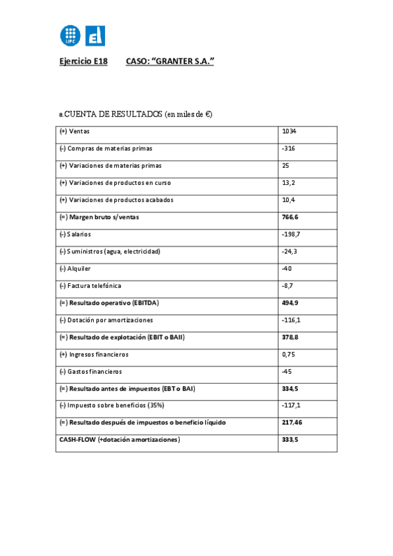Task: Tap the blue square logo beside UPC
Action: [95, 35]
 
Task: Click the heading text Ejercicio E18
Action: [83, 62]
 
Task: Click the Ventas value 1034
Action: [289, 131]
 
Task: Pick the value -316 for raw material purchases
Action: [288, 148]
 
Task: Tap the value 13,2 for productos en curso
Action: [288, 183]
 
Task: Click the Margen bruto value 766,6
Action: [290, 217]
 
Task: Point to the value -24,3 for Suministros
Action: [290, 251]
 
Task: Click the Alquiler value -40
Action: [287, 269]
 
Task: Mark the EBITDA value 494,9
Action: [290, 303]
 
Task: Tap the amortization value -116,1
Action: [291, 320]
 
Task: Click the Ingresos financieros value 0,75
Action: [288, 355]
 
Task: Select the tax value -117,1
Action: [291, 406]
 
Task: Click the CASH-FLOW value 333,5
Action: [290, 440]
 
